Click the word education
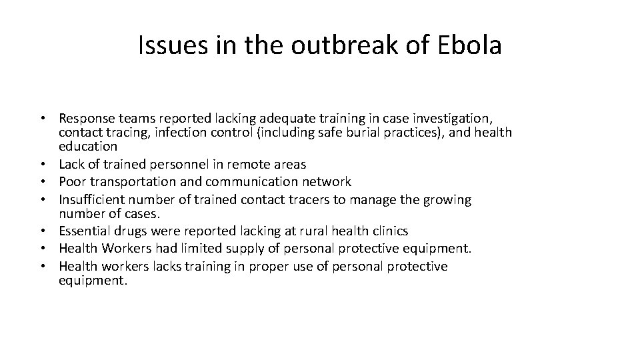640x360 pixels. (88, 146)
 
